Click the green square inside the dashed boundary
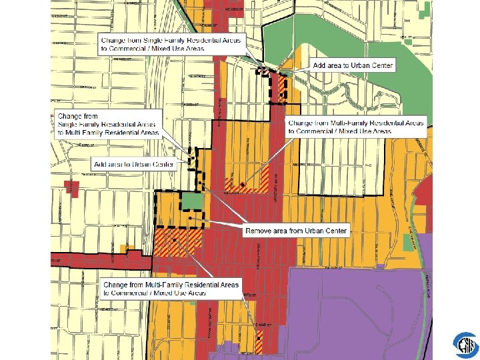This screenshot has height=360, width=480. [191, 202]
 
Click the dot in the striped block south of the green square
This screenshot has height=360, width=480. [175, 239]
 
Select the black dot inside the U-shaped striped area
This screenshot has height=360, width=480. [243, 184]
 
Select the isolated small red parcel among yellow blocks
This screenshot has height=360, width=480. [74, 189]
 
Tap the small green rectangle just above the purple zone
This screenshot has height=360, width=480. [409, 242]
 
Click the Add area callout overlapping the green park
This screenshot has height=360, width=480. [353, 65]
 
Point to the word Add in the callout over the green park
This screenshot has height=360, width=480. [319, 65]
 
